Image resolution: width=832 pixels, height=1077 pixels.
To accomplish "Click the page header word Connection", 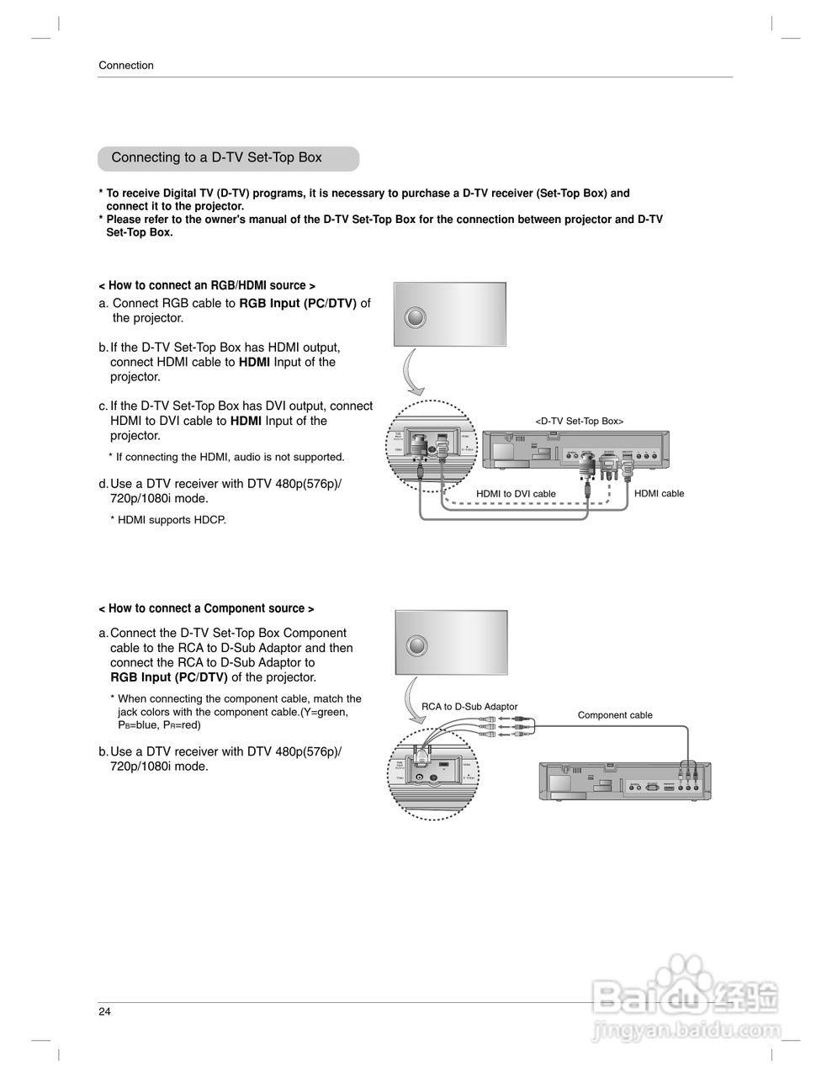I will click(x=126, y=66).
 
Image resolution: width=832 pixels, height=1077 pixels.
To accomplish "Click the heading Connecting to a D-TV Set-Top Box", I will click(x=216, y=158).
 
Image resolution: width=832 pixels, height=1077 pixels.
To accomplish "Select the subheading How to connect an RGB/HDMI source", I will click(x=207, y=286).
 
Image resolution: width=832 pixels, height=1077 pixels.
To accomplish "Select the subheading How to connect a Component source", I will click(x=206, y=608).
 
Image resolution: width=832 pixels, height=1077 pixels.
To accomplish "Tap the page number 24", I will click(x=104, y=1011).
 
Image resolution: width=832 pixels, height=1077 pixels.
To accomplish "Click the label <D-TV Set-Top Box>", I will click(x=579, y=421).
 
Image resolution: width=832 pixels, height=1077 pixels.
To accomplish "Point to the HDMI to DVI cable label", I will click(x=516, y=494).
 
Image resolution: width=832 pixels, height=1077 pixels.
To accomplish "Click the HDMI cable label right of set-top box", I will click(x=659, y=494).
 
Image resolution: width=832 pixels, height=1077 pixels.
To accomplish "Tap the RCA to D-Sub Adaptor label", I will click(x=469, y=707).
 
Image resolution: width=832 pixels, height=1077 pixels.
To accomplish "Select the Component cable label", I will click(x=614, y=715).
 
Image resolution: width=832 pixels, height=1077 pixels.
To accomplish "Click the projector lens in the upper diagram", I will click(x=416, y=318).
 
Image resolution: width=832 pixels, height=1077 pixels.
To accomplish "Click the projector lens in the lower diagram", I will click(x=416, y=646).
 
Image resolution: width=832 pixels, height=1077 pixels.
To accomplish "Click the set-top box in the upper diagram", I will click(x=576, y=452).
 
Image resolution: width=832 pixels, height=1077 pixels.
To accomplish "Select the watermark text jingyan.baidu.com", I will click(x=685, y=1029).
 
